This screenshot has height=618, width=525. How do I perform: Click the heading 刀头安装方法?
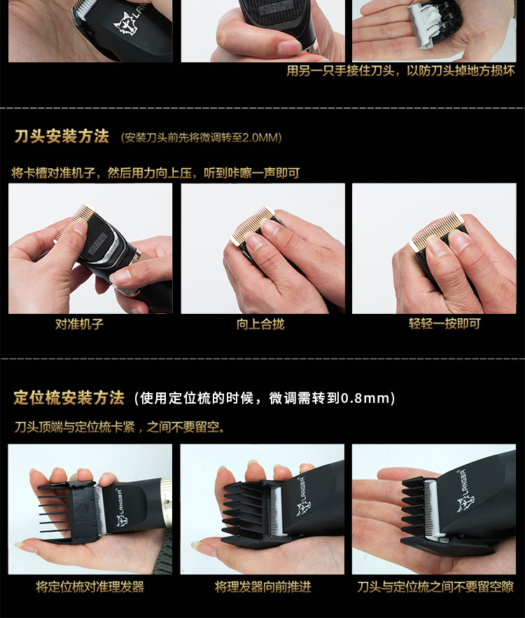[x=62, y=137]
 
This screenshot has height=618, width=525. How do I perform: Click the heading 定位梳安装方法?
[x=69, y=398]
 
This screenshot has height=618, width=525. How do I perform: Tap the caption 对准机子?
[x=79, y=324]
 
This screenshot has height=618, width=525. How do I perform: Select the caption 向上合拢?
[x=260, y=324]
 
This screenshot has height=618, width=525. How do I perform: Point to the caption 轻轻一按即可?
[x=435, y=324]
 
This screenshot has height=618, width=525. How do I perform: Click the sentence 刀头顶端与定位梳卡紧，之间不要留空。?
[x=120, y=426]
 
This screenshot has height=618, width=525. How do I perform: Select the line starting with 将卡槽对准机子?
[x=155, y=172]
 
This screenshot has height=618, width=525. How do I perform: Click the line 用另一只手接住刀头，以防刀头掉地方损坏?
[x=400, y=71]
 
